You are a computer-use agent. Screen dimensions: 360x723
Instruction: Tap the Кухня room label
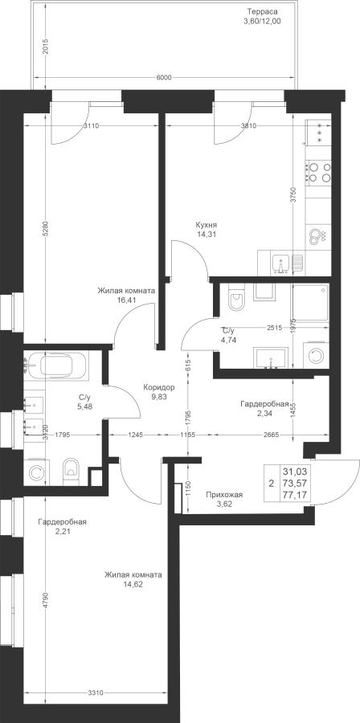(206, 225)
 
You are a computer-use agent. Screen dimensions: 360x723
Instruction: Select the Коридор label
(158, 387)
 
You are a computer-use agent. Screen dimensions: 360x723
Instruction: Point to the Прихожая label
(224, 495)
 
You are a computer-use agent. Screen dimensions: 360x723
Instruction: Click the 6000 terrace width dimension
(164, 77)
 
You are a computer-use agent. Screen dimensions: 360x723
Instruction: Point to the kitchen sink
(280, 263)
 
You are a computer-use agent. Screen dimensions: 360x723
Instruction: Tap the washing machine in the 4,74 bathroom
(317, 355)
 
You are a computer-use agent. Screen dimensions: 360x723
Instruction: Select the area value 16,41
(126, 299)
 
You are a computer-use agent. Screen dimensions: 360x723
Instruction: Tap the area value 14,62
(133, 584)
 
